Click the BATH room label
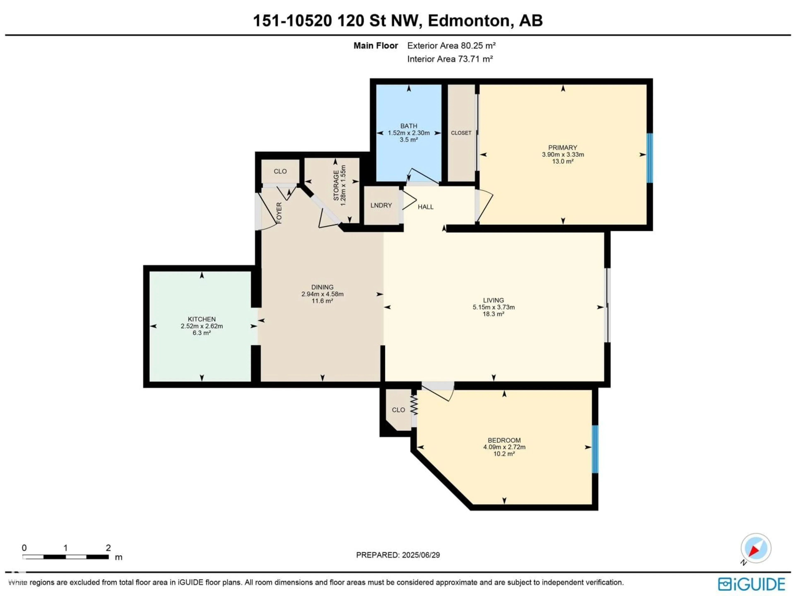tap(409, 126)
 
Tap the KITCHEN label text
tap(202, 319)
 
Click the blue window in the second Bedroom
tap(595, 449)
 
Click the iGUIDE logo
tap(752, 584)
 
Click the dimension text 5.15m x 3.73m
tap(494, 307)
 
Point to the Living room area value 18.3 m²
tap(494, 314)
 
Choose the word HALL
tap(425, 207)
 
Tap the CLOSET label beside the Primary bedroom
tap(461, 133)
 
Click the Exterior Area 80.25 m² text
tap(451, 46)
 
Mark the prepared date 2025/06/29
tap(421, 555)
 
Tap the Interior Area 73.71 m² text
tap(450, 59)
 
